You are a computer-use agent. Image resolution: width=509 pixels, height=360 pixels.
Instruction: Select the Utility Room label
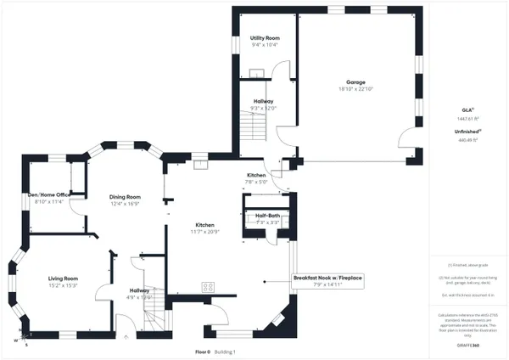click(265, 39)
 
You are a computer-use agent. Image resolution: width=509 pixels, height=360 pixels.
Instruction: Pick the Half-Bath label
click(268, 216)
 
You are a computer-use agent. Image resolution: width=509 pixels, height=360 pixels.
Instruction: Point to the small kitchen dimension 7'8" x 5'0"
click(256, 181)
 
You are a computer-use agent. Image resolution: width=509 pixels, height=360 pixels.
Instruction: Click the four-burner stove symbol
click(207, 286)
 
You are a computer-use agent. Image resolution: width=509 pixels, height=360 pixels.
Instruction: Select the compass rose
click(20, 339)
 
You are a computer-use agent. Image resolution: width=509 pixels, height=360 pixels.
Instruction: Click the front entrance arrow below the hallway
click(126, 336)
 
